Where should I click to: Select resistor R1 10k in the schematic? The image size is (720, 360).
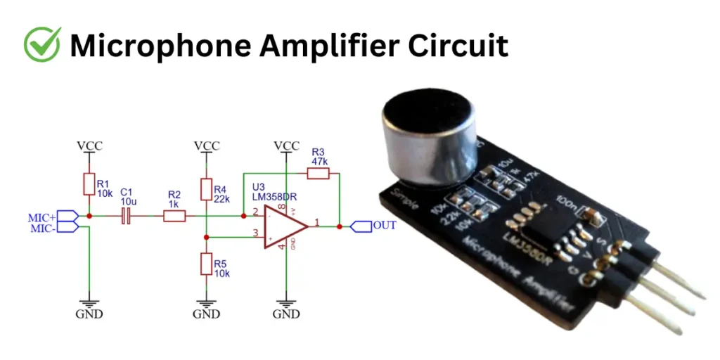(89, 184)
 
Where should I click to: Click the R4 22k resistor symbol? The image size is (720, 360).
(206, 190)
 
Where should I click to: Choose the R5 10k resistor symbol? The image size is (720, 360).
(206, 264)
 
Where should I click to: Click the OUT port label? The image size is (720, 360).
(385, 226)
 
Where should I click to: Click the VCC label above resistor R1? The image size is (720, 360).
(89, 146)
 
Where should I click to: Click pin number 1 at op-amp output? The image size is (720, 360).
(317, 221)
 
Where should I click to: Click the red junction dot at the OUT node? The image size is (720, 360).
(340, 226)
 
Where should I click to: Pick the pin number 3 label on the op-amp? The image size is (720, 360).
(256, 233)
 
